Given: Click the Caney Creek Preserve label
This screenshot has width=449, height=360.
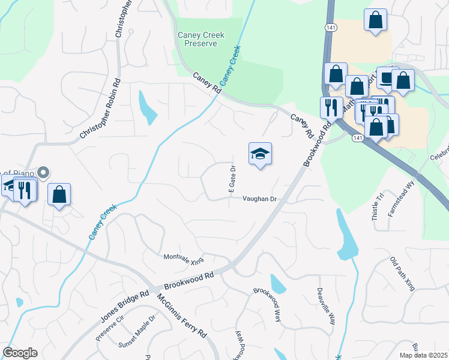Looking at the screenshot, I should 201,40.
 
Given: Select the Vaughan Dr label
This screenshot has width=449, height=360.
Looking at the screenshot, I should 259,199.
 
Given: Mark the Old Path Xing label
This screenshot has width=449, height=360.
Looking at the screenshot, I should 402,274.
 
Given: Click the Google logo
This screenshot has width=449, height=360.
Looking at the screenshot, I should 20,353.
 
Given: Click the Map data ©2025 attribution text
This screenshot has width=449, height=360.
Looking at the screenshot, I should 423,355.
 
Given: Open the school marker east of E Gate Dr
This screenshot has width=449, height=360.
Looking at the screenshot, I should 261,154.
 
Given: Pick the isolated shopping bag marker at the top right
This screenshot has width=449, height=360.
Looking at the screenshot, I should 375,19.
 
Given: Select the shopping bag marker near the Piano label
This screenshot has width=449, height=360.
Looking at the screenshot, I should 59,194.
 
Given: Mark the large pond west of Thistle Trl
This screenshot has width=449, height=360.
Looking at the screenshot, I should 347,236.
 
